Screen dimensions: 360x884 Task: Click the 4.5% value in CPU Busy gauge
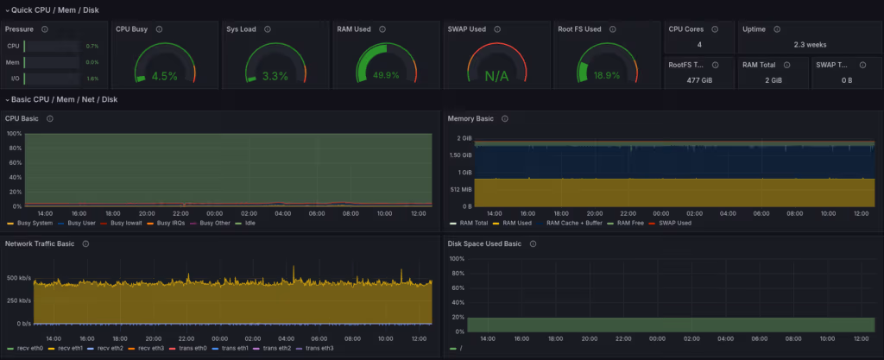(x=164, y=76)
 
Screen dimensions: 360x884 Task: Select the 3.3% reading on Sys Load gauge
(x=275, y=76)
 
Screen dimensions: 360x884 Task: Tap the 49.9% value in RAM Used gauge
(x=385, y=75)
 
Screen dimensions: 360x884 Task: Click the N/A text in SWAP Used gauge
(x=496, y=76)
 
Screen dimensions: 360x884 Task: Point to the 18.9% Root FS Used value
(x=607, y=75)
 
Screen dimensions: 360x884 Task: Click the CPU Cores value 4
(x=699, y=44)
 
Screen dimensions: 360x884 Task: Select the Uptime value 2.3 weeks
(x=809, y=44)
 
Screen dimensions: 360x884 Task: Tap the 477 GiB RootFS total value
(x=699, y=79)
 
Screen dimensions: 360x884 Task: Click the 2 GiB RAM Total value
(x=772, y=79)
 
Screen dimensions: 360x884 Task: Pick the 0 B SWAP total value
(x=846, y=79)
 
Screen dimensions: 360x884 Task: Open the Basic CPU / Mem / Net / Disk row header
(x=65, y=99)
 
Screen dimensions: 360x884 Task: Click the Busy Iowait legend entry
(x=129, y=223)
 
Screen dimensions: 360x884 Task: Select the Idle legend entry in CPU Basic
(x=250, y=223)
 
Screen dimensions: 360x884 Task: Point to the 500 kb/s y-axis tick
(x=19, y=278)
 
